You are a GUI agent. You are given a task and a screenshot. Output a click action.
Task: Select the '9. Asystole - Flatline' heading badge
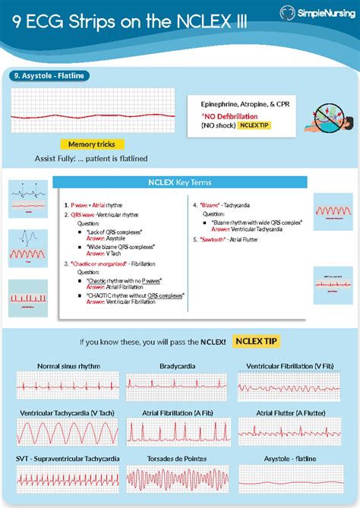click(x=47, y=75)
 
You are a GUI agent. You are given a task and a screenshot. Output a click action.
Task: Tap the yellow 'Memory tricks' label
click(x=91, y=144)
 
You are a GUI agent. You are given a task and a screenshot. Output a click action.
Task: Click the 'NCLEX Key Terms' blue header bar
click(x=180, y=182)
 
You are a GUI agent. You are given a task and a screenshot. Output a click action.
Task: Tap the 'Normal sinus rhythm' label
click(x=68, y=366)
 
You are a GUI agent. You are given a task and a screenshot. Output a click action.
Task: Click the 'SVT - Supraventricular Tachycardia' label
click(x=68, y=459)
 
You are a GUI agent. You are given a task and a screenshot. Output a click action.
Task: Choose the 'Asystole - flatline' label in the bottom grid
click(x=290, y=459)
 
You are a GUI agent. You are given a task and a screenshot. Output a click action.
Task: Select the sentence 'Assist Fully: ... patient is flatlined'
click(x=91, y=159)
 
